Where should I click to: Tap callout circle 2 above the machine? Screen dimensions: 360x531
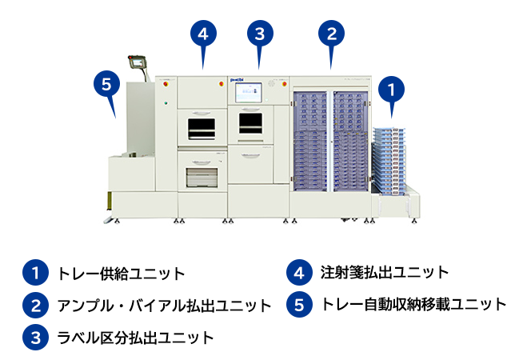331,34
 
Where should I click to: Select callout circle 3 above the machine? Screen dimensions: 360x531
258,34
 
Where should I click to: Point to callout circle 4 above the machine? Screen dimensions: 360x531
203,34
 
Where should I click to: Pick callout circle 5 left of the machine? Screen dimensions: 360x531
106,82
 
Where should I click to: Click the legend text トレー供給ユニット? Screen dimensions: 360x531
121,274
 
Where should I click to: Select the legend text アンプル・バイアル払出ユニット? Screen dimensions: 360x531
164,306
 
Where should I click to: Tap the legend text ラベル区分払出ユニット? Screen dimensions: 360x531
135,338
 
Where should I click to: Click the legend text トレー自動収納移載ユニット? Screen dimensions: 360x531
413,305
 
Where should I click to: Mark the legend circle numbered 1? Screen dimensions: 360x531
34,273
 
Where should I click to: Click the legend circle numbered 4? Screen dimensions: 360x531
298,273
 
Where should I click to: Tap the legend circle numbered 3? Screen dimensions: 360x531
34,337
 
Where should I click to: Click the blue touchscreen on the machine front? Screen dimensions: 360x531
250,92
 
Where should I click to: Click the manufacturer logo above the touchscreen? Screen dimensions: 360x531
238,80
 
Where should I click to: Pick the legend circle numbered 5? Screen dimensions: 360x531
298,305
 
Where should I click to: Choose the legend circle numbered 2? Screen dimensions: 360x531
34,305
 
